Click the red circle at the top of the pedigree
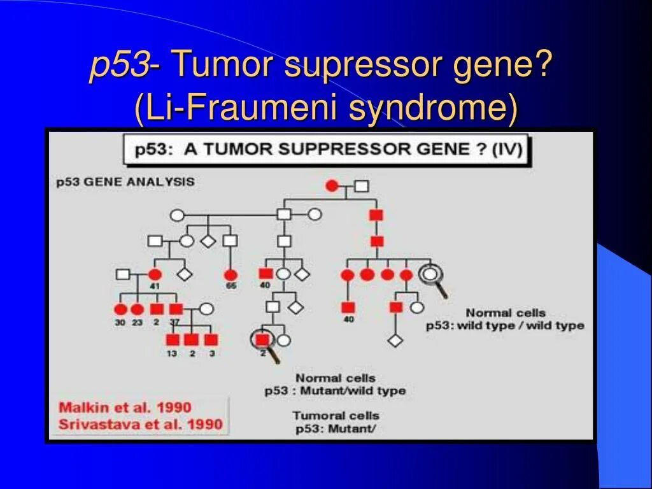pos(332,186)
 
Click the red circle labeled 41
pos(154,275)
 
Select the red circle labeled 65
pos(230,275)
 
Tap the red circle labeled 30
pos(120,309)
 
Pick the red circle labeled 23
pos(137,309)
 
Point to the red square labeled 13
pos(172,339)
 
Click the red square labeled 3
pos(211,339)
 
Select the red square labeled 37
pos(176,309)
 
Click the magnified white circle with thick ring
pos(430,274)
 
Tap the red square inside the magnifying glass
pos(262,339)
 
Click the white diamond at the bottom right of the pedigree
pos(395,340)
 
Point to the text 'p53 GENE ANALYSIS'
pos(125,182)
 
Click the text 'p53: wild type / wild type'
pos(505,325)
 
